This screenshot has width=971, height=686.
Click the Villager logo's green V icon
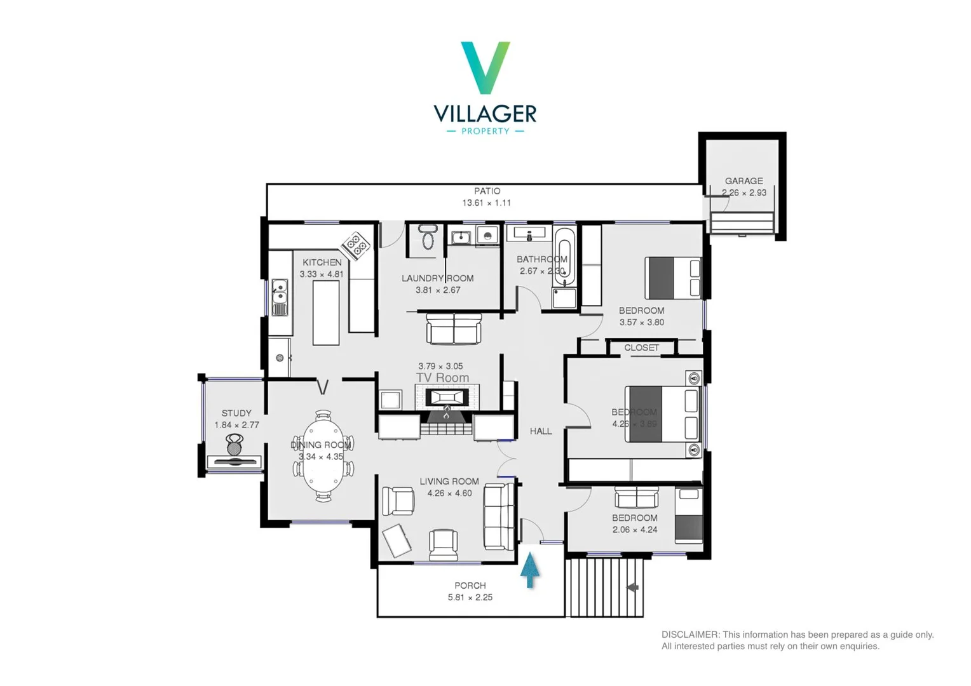tap(485, 67)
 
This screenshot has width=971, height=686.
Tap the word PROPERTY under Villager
tap(485, 131)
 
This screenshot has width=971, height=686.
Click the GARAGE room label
tap(744, 181)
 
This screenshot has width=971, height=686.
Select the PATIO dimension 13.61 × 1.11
tap(486, 203)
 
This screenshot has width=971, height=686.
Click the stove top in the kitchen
tap(356, 245)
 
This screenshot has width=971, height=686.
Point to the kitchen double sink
tap(280, 297)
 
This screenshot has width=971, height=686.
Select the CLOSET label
tap(641, 348)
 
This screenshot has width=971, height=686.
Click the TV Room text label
tap(442, 378)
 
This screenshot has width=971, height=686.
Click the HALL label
tap(541, 431)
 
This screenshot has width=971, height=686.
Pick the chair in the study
tap(234, 444)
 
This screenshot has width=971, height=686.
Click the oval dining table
tap(323, 456)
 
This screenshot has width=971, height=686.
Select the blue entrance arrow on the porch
tap(530, 570)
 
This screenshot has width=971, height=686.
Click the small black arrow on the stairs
tap(632, 588)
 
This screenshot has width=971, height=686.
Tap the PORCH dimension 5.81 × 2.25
tap(470, 598)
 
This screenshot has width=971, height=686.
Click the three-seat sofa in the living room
tap(499, 516)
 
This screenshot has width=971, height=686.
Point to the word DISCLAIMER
tap(690, 635)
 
